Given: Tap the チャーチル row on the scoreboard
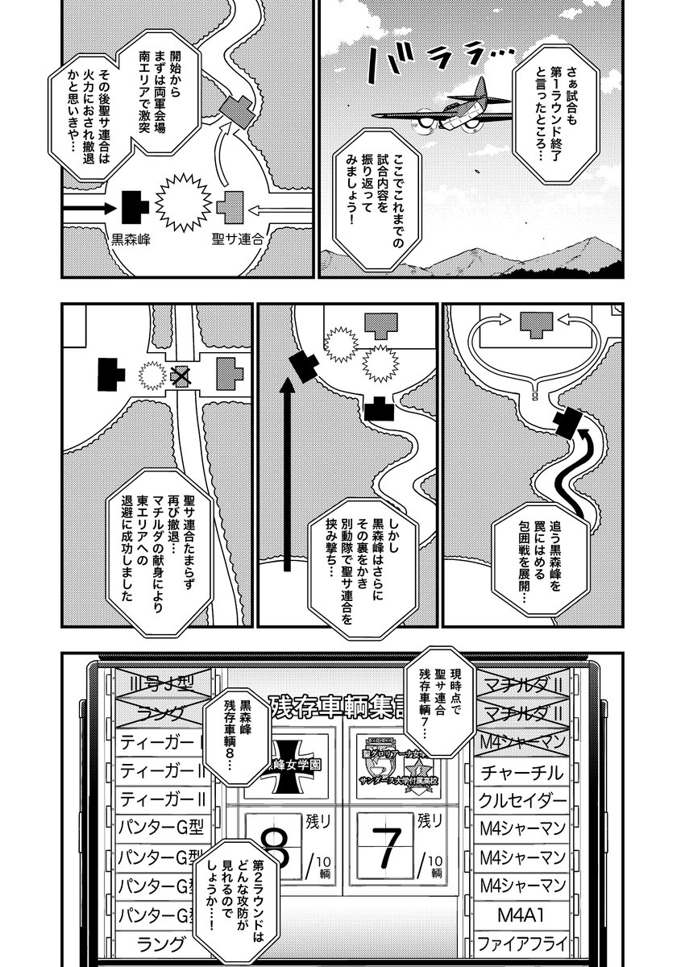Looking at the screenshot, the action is click(521, 772).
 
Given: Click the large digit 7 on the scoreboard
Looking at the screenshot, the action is click(388, 845).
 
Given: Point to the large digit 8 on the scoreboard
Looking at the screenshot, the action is click(274, 846).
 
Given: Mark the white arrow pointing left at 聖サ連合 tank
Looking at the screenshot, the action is click(275, 210).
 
